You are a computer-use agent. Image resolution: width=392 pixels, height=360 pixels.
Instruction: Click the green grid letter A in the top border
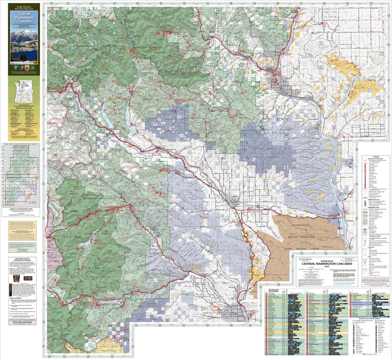coord(52,3)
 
